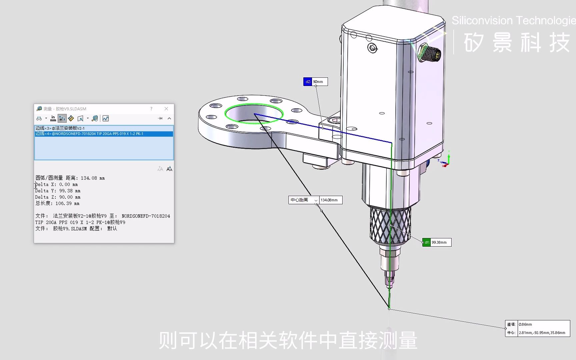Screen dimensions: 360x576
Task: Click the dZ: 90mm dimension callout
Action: [x=315, y=82]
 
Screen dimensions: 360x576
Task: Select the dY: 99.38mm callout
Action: [x=437, y=242]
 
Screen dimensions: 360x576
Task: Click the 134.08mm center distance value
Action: [x=330, y=200]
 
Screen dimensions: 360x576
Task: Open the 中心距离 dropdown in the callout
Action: [x=316, y=200]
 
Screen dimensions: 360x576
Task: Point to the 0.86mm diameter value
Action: [x=526, y=324]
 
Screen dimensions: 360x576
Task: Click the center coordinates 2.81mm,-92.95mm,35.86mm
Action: [x=542, y=333]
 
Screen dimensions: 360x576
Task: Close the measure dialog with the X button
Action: [x=166, y=109]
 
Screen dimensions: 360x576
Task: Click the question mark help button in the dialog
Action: [x=151, y=109]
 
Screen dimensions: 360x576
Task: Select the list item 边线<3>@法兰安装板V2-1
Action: [x=60, y=128]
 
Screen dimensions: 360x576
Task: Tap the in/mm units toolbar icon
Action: [x=53, y=118]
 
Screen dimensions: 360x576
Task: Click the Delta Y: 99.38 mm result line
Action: [x=58, y=191]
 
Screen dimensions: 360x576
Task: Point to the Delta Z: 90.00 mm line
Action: [x=58, y=197]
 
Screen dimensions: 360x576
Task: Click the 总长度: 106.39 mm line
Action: [x=57, y=203]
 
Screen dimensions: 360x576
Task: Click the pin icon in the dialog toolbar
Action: [x=160, y=118]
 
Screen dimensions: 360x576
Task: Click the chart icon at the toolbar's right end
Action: [x=106, y=118]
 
